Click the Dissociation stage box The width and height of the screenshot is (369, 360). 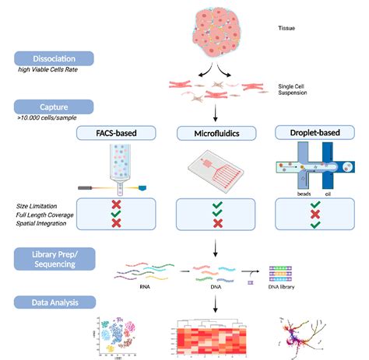(54, 58)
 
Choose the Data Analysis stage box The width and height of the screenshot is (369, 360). (54, 302)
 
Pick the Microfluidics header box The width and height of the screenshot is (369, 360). (215, 135)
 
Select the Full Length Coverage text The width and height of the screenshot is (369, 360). (45, 214)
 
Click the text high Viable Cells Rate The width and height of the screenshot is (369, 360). (50, 72)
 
